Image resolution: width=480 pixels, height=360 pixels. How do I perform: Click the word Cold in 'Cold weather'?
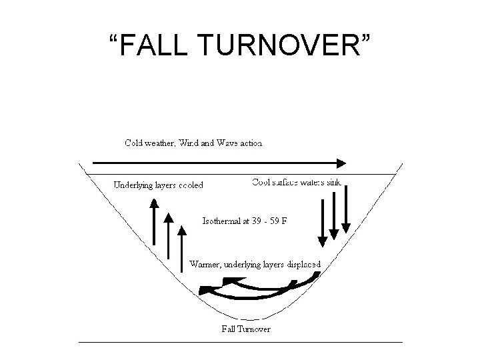click(x=135, y=142)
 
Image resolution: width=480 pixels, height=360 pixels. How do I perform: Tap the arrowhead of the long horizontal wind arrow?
click(x=341, y=162)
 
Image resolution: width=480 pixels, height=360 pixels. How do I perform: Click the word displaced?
click(x=305, y=264)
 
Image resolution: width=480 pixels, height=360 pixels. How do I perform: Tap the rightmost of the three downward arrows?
click(x=345, y=210)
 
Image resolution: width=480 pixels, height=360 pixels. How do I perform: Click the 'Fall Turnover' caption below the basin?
click(x=246, y=329)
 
